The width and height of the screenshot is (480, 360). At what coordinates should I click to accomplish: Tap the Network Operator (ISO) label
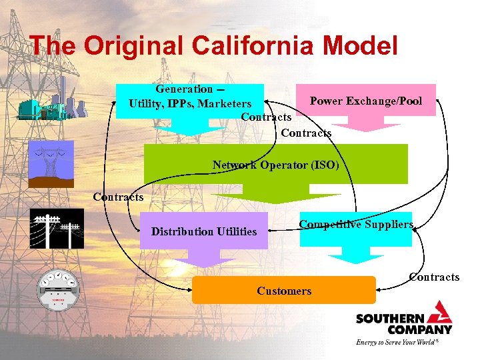(275, 164)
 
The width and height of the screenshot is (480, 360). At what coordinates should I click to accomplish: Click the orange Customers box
(283, 291)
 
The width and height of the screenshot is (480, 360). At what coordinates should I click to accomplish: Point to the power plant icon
(53, 103)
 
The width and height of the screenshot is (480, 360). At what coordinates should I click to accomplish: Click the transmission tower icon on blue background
(51, 164)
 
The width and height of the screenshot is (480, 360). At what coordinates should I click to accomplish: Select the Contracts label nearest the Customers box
(434, 277)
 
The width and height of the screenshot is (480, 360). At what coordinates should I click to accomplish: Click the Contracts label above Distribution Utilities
(118, 197)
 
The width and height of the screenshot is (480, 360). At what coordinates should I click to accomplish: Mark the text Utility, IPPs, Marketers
(190, 103)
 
